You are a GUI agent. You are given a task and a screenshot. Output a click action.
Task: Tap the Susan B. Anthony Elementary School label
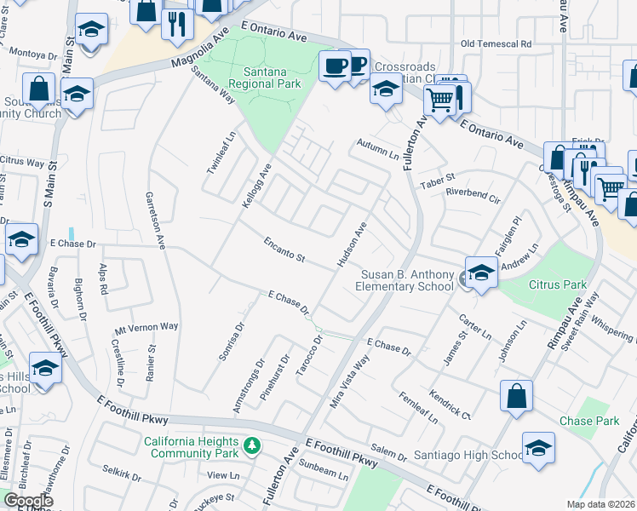[x=407, y=280]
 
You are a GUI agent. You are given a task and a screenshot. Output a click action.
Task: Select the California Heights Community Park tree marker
[x=251, y=445]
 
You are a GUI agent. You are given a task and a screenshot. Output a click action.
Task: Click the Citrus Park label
[x=559, y=284]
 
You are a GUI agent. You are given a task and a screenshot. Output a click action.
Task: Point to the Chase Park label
[x=588, y=422]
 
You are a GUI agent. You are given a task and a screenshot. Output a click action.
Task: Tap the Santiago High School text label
[x=471, y=456]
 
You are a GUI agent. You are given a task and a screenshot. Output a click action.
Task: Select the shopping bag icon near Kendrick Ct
[x=517, y=396]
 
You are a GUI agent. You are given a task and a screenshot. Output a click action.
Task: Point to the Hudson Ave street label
[x=352, y=244]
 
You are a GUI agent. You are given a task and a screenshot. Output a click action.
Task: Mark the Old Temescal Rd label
[x=496, y=43]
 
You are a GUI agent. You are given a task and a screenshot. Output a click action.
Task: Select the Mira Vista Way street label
[x=349, y=383]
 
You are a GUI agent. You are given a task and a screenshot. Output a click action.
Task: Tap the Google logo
[x=29, y=501]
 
